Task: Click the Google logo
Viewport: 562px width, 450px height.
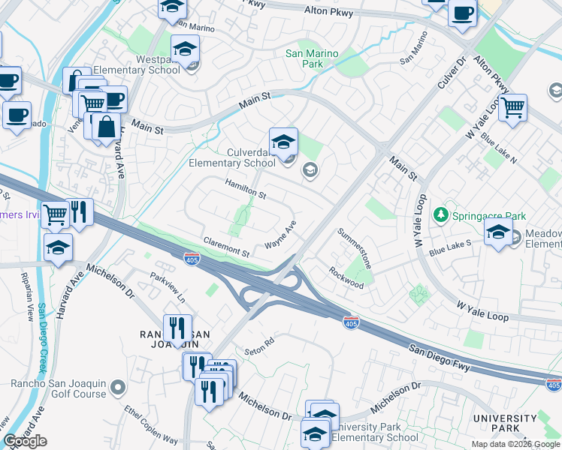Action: [25, 441]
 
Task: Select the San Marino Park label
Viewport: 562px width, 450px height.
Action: [313, 58]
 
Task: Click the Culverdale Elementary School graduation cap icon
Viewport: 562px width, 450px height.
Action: [283, 141]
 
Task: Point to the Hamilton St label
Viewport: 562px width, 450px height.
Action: [246, 188]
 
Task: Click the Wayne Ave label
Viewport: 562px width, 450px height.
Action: [281, 235]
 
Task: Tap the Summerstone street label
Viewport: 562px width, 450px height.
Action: [355, 249]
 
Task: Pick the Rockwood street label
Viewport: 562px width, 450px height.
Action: [346, 278]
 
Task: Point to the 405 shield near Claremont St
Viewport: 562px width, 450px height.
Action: [192, 259]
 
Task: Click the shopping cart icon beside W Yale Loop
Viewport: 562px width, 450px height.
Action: [513, 106]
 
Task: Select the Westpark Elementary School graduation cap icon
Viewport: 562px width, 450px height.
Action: [184, 49]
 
